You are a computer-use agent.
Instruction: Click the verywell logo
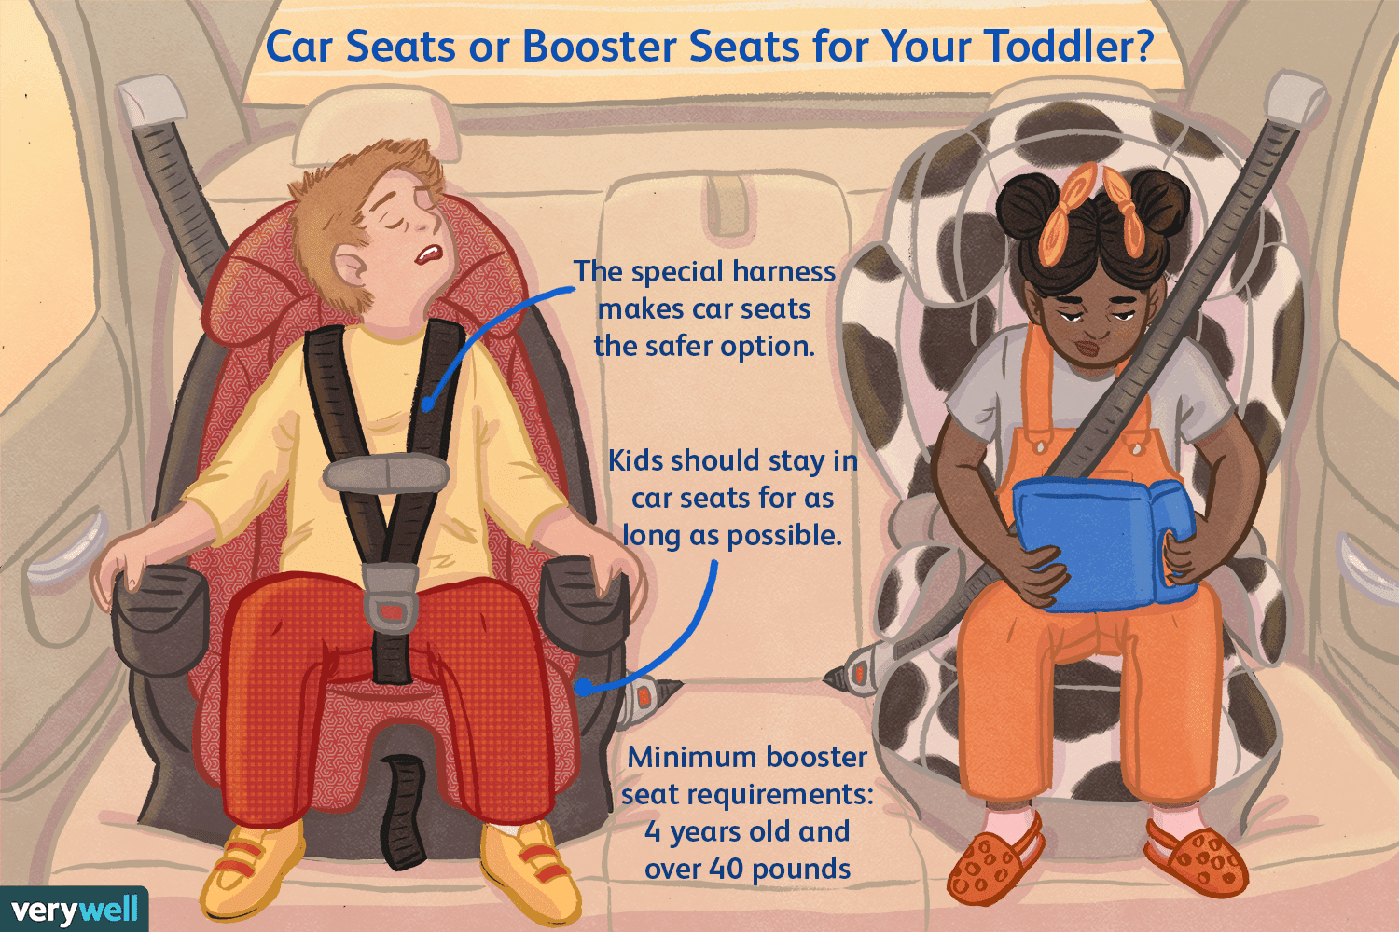(74, 910)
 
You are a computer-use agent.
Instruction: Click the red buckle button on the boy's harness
(392, 610)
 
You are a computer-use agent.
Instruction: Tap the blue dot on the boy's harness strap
(427, 405)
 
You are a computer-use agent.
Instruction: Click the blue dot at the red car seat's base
(582, 687)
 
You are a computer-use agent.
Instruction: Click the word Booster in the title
(605, 47)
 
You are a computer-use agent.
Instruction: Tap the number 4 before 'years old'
(653, 832)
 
